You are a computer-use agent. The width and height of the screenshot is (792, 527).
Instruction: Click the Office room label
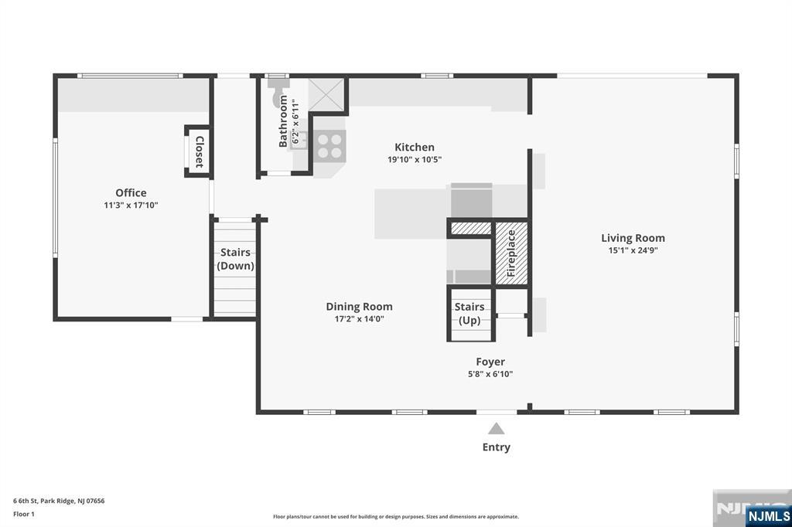coord(131,192)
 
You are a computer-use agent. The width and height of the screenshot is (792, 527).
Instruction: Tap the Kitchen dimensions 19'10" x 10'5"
coord(415,159)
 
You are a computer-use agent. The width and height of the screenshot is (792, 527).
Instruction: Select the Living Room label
coord(633,238)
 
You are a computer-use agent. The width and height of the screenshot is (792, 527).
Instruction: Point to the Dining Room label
coord(359,307)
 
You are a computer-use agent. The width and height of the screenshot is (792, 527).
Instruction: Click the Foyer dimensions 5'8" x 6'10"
coord(490,374)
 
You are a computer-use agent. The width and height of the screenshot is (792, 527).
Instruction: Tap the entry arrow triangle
coord(496,429)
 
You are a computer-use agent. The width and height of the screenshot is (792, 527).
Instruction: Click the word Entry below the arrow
coord(496,447)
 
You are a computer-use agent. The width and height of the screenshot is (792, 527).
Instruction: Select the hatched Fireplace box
coord(511,253)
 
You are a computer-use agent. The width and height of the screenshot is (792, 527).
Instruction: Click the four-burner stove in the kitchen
coord(329,146)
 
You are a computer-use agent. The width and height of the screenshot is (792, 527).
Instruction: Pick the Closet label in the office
coord(200,151)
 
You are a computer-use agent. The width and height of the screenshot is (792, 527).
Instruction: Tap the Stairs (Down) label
coord(235,258)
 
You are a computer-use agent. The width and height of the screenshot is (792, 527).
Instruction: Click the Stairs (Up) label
coord(469,314)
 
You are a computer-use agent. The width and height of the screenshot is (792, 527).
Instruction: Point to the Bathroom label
coord(283,121)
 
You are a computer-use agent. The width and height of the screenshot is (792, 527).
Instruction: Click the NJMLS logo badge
coord(768,516)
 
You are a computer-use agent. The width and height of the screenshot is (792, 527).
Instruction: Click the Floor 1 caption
coord(24,514)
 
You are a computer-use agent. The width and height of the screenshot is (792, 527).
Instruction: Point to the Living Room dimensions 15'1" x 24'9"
coord(633,250)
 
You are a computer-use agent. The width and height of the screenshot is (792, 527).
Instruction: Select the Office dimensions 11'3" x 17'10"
coord(131,206)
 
